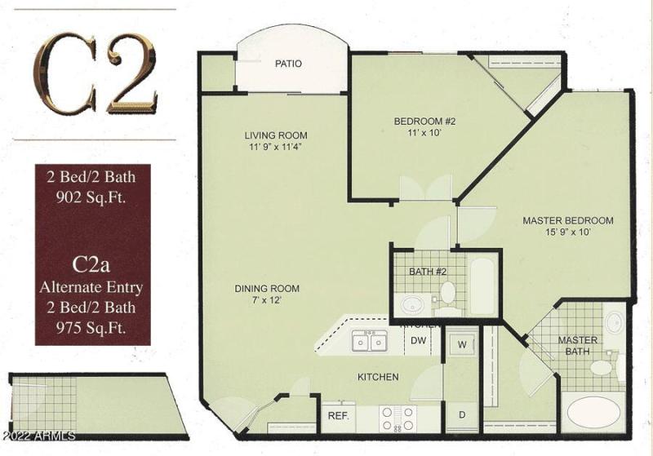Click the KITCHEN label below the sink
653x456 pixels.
point(378,377)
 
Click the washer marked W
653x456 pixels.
point(461,344)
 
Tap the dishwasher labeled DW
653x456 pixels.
point(418,341)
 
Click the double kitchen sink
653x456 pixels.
point(370,342)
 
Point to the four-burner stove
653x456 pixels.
point(398,418)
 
